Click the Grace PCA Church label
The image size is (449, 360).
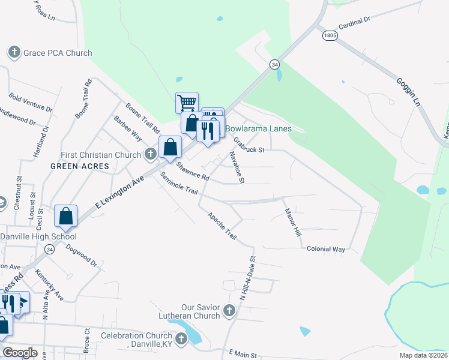click(58, 53)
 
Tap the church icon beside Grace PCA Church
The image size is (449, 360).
click(14, 53)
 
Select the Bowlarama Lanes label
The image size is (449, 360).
click(258, 128)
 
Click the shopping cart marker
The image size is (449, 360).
click(187, 103)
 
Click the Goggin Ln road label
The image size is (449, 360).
click(407, 91)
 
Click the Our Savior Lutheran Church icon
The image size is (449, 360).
click(228, 310)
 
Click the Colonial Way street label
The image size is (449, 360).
click(326, 248)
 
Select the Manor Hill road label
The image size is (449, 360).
click(292, 221)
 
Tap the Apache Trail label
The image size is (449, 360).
click(222, 226)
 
